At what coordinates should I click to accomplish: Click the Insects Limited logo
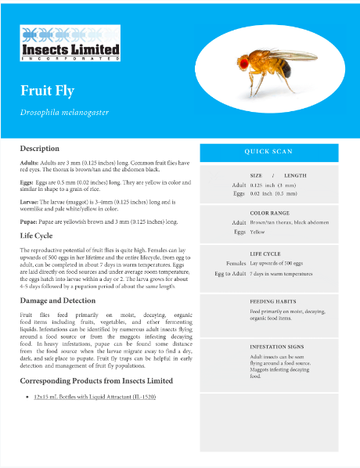(70, 44)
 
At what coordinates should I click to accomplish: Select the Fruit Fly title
(48, 90)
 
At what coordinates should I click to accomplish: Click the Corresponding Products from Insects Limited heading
(96, 380)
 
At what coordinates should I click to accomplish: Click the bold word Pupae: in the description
(30, 221)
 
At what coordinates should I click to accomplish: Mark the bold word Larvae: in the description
(31, 201)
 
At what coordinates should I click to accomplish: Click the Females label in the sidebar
(236, 264)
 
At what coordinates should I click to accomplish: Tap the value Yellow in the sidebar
(257, 232)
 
